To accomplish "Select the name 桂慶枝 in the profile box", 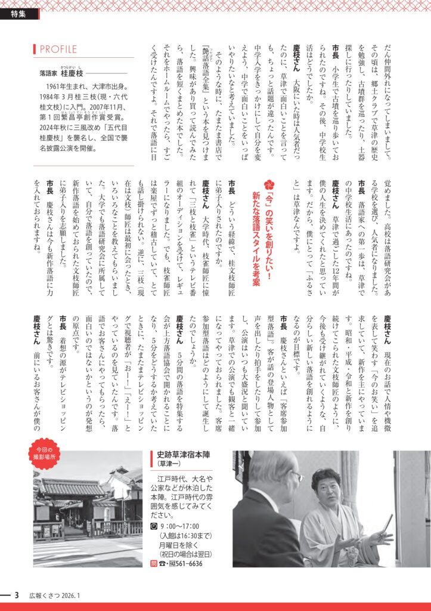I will tap(74, 73).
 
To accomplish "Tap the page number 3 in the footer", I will tap(17, 595).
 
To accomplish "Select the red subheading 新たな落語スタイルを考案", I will tap(256, 239).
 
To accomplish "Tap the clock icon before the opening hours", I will tap(154, 525).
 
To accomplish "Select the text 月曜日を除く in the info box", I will tap(179, 544).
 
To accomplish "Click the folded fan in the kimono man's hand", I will tap(386, 524).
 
